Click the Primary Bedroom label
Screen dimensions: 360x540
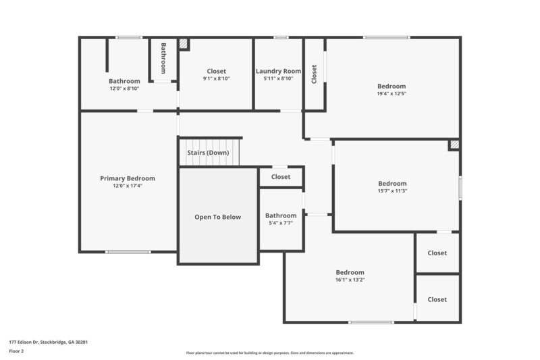point(128,178)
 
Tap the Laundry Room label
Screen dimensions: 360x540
point(278,71)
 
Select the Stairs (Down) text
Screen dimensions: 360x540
point(209,153)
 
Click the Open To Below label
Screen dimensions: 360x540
point(218,217)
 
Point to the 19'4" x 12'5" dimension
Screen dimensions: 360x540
point(391,93)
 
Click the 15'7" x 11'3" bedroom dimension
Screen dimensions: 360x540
point(392,190)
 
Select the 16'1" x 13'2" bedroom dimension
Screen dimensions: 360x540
point(350,280)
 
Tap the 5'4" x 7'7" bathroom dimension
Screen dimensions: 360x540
point(281,222)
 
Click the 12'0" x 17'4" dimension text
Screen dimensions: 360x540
point(128,186)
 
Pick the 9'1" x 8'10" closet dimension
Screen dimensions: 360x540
point(217,78)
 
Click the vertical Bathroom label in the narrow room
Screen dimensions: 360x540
point(163,59)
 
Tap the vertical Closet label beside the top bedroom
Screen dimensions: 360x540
point(314,74)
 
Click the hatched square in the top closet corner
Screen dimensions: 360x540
point(183,43)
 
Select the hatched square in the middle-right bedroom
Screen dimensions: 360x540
point(454,145)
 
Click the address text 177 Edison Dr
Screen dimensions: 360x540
point(48,342)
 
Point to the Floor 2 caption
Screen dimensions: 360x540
point(16,351)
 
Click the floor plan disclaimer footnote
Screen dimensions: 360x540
point(269,353)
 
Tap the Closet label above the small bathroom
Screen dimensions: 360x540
point(281,177)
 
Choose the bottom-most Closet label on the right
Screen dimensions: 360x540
point(437,299)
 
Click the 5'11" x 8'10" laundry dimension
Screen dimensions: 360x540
point(278,78)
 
